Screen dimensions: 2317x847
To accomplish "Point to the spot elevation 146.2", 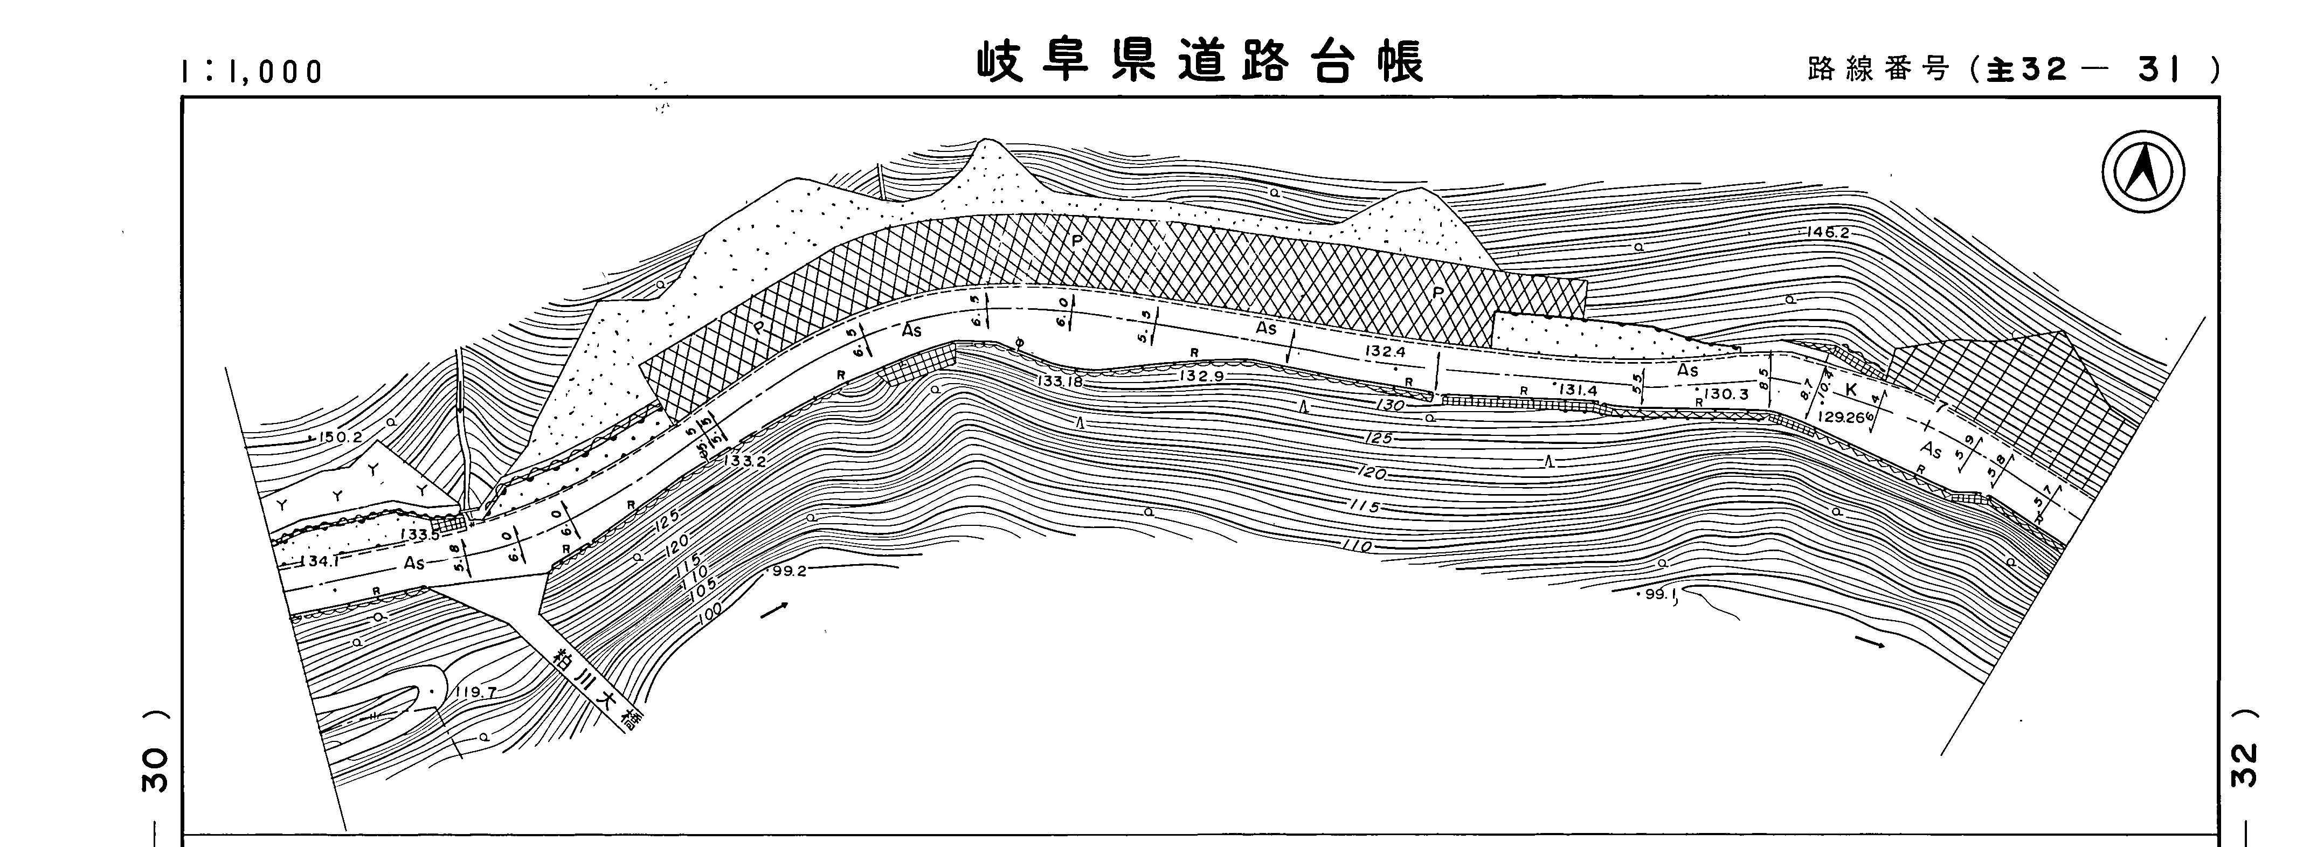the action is tap(1828, 233).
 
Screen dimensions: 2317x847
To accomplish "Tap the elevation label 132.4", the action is tap(1385, 351).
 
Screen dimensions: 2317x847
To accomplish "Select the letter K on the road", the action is tap(1850, 390).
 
